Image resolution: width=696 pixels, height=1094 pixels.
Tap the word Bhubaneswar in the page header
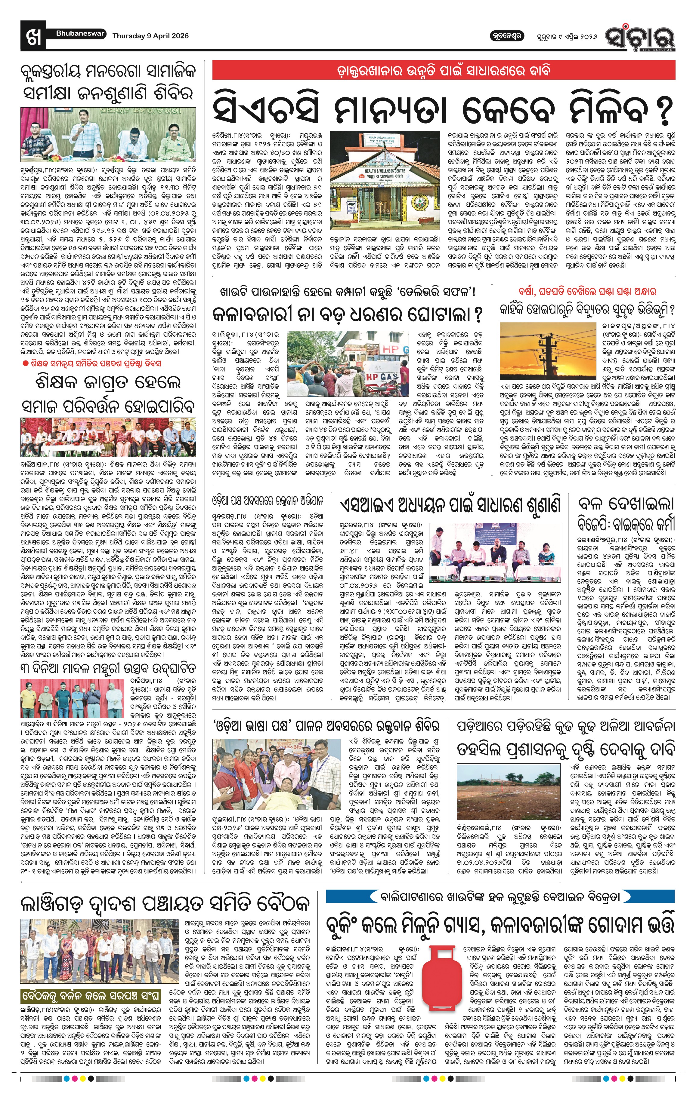[80, 34]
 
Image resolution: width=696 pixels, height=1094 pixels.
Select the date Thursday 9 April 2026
[150, 36]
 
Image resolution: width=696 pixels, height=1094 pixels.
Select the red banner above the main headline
[443, 71]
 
